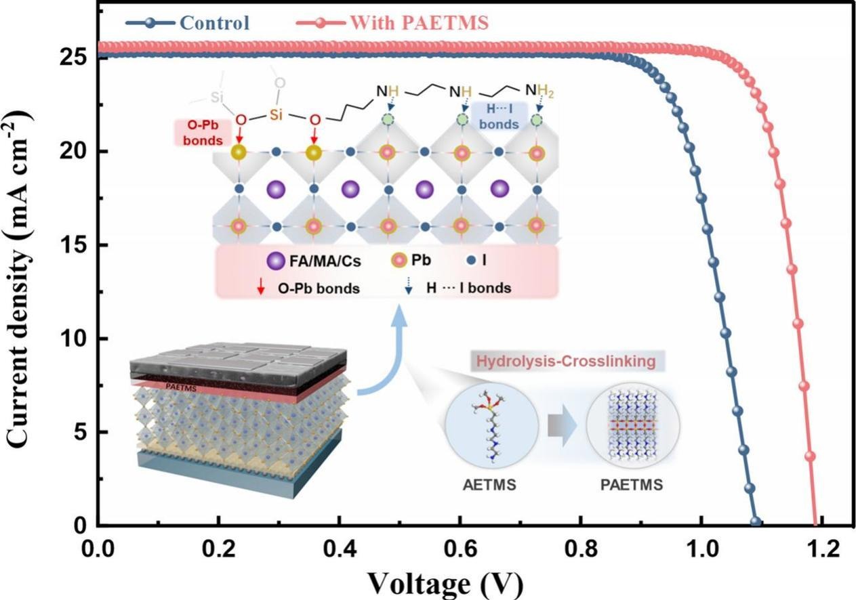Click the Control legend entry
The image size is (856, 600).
coord(214,22)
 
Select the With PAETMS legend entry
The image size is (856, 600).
coord(418,22)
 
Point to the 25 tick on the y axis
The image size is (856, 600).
coord(76,58)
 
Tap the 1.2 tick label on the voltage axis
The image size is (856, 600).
coord(821,548)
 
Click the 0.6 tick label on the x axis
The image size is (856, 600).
coord(460,548)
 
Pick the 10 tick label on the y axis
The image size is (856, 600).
coord(76,339)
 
